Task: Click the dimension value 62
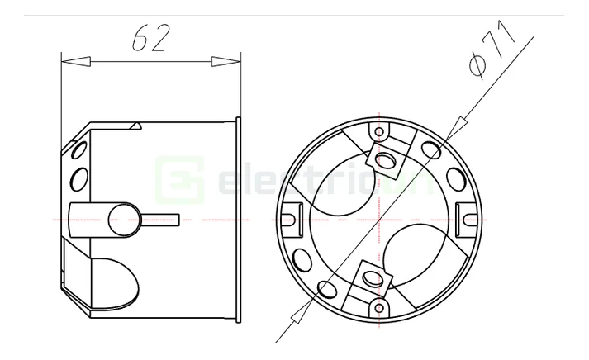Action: (150, 38)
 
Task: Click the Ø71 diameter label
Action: (493, 50)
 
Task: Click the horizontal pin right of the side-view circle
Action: (162, 219)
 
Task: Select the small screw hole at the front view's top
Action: (379, 131)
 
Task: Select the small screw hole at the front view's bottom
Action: (379, 306)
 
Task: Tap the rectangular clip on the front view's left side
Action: (288, 219)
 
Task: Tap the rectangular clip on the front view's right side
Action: (469, 219)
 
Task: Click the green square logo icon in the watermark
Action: (179, 178)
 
